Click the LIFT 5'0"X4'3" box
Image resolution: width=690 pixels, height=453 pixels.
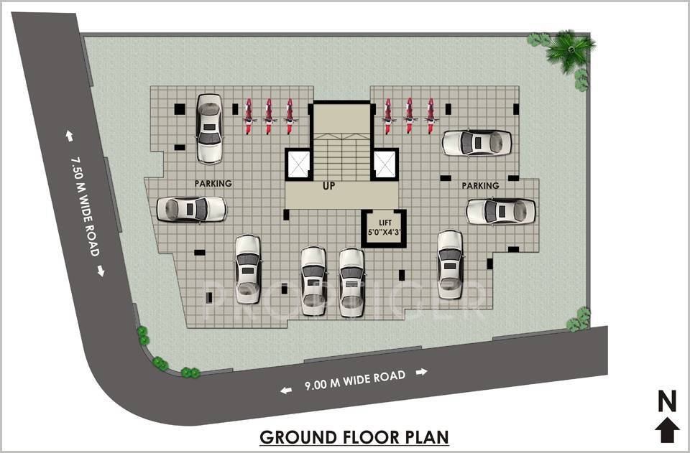[x=383, y=228]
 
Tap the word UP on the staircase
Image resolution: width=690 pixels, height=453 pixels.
[x=328, y=187]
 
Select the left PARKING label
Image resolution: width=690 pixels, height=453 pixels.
[x=213, y=184]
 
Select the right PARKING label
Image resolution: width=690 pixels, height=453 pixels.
[x=480, y=186]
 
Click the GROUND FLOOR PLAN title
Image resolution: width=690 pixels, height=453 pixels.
[x=354, y=436]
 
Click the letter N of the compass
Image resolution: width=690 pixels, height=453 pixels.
[x=667, y=401]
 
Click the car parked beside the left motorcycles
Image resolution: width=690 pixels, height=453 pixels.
[x=208, y=128]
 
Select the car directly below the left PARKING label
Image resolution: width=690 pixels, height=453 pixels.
[x=191, y=209]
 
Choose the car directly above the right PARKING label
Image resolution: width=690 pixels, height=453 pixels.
[x=476, y=142]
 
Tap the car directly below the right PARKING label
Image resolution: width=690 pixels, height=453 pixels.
[x=500, y=211]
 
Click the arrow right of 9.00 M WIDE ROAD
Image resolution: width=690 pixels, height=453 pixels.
[x=422, y=372]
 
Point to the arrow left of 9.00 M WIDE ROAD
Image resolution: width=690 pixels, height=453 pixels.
[x=286, y=391]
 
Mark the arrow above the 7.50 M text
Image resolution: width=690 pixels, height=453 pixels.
[x=70, y=135]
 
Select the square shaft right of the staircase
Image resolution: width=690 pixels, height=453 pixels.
[x=385, y=164]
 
